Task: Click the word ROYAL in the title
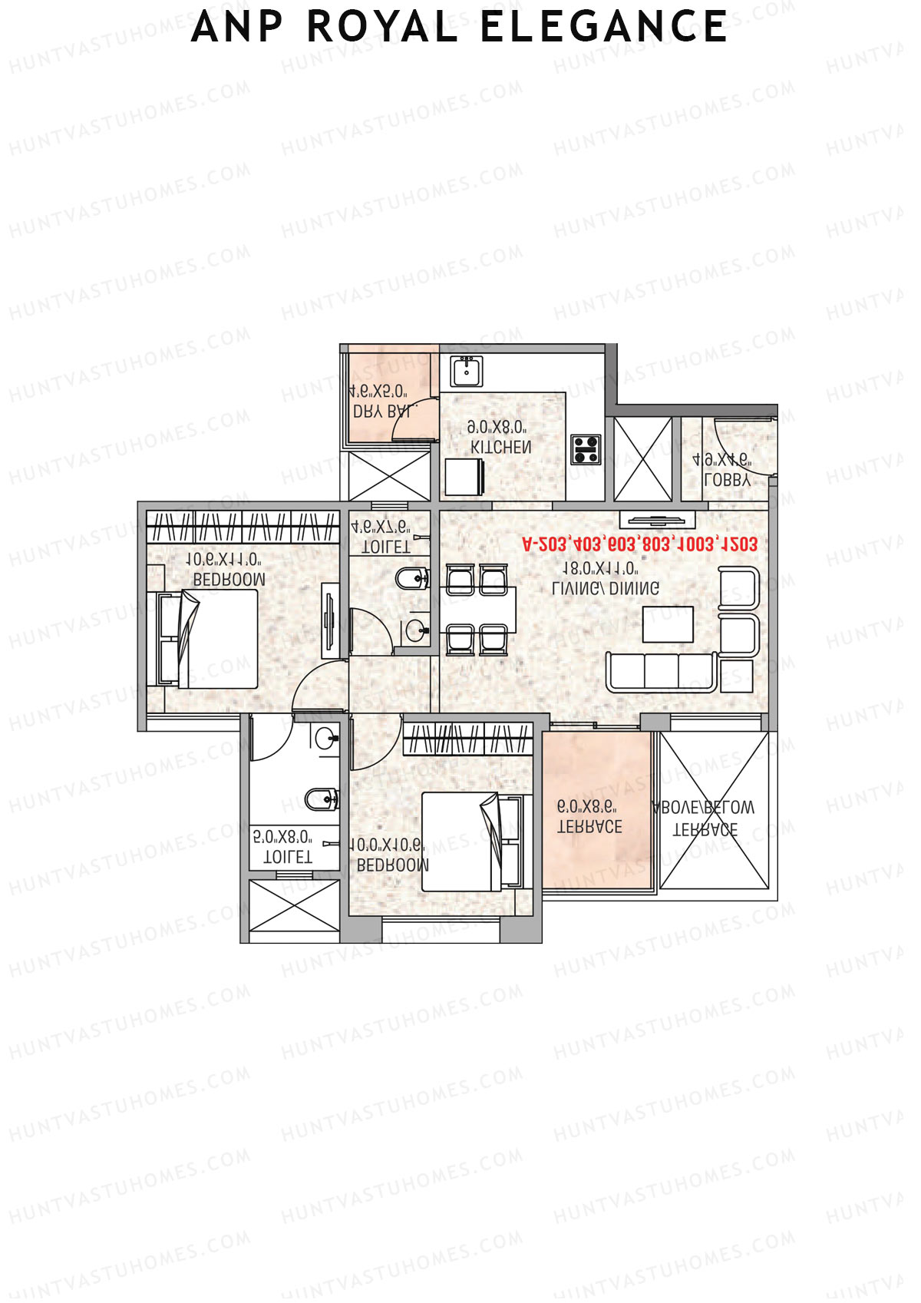pos(382,28)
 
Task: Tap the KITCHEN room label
pos(500,447)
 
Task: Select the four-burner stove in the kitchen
pos(586,448)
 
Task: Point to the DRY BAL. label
pos(381,412)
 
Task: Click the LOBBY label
pos(726,481)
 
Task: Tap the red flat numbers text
pos(639,544)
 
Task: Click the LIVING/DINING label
pos(606,588)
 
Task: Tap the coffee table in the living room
pos(668,623)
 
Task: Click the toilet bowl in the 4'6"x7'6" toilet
pos(411,577)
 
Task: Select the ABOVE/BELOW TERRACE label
pos(704,819)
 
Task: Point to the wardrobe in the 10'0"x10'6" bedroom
pos(467,739)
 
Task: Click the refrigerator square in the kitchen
pos(464,477)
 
